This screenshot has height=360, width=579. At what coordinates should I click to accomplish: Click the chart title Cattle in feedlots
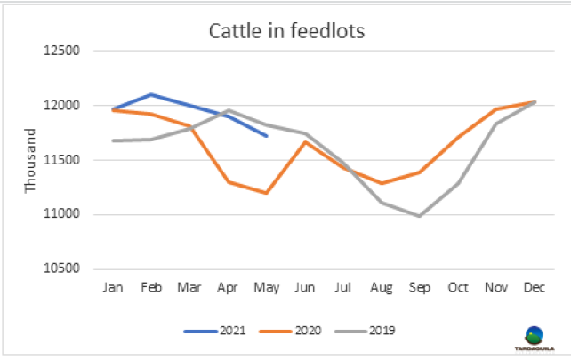point(287,32)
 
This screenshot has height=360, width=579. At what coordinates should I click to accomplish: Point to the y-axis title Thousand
point(31,160)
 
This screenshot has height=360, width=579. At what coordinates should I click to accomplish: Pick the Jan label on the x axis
point(113,289)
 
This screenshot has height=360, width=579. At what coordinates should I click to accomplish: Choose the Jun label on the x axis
point(304,289)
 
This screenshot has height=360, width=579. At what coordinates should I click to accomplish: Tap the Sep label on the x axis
point(419,289)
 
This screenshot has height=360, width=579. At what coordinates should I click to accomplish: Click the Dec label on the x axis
point(533,289)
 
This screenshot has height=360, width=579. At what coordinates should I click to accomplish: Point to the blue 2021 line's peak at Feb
point(151,94)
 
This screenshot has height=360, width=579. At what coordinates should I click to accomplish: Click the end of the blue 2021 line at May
point(266,136)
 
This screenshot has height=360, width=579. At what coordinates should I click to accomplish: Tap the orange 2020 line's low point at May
point(266,193)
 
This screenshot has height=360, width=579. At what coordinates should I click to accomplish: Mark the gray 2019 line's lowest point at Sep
point(419,216)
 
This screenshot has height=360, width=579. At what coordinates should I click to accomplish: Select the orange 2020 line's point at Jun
point(304,142)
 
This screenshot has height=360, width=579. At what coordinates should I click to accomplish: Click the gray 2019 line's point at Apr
point(228,110)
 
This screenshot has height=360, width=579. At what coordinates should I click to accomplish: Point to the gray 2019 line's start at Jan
point(113,140)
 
